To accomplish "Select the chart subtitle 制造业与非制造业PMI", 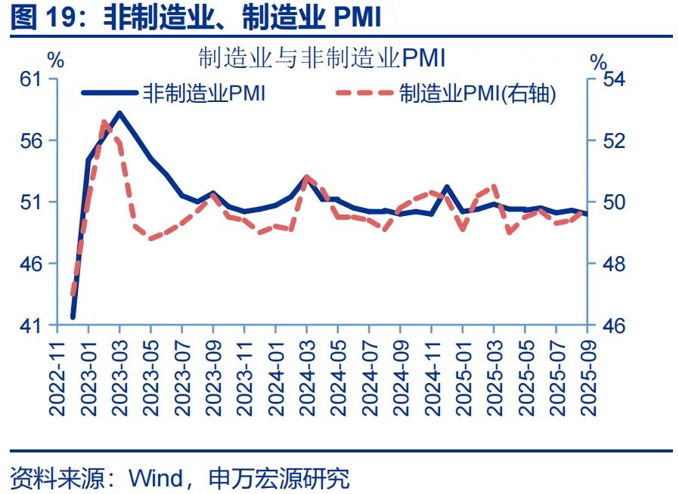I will (321, 57).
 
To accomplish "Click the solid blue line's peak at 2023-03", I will (119, 113).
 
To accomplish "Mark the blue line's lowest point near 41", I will (73, 317).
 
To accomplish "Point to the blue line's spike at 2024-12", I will (446, 187).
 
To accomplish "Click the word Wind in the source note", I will (156, 477).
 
